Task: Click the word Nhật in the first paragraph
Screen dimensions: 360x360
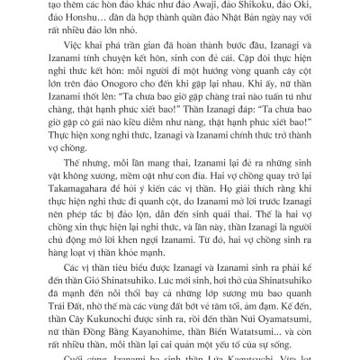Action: [242, 21]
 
